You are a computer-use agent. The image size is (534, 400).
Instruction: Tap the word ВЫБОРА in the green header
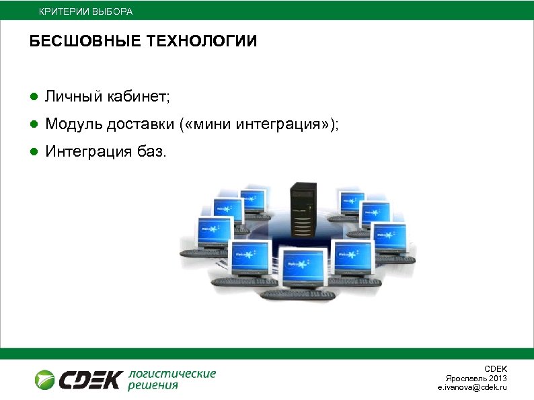pos(112,12)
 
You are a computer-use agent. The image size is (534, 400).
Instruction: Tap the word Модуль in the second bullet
pos(72,125)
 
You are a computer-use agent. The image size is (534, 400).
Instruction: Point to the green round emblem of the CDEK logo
pos(45,379)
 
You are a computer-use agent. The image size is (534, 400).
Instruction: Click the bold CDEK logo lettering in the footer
pos(90,380)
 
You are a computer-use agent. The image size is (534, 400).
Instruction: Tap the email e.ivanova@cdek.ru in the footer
pos(472,388)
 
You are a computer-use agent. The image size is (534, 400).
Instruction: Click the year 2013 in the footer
pos(498,378)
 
